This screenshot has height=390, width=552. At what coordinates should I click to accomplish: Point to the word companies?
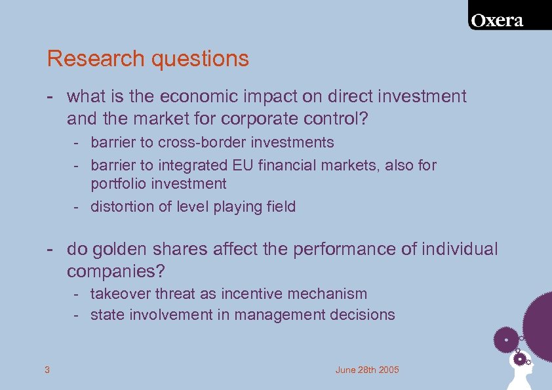click(x=115, y=271)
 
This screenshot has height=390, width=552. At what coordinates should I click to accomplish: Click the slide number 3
click(x=47, y=370)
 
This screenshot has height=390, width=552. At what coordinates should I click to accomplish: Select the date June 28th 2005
click(x=366, y=370)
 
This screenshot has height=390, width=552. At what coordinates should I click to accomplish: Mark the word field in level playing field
click(x=281, y=206)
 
